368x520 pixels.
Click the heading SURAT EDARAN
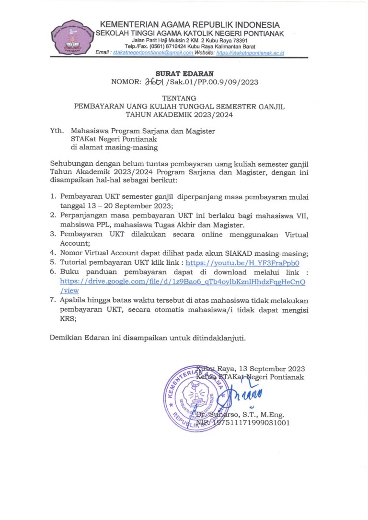tap(184, 73)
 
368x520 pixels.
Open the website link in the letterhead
tap(250, 53)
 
